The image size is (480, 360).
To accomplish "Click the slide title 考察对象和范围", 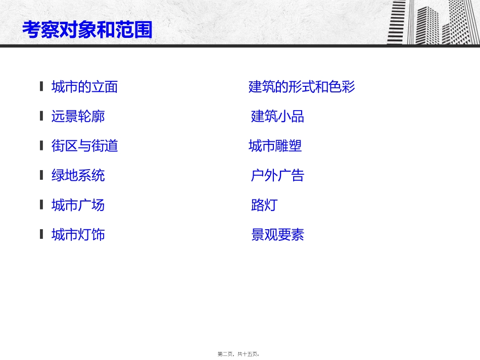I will pos(87,30).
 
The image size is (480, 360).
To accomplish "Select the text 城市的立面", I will pos(84,87).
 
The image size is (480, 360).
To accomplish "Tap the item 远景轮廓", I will pos(78,117).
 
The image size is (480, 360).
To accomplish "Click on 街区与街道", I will pos(84,146).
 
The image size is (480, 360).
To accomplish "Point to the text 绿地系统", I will pos(78,175).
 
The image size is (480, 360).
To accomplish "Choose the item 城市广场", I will pos(78,205).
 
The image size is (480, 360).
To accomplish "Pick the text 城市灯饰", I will pos(78,234).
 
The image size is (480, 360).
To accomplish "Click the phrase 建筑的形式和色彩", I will pos(302,87).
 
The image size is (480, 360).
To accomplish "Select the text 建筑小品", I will pos(277,117).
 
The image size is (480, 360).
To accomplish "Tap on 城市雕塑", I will pos(275,146).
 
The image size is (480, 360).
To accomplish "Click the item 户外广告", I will pos(277,175).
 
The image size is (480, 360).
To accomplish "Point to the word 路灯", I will pos(264,205).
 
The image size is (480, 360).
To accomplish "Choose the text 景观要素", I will pos(277,235).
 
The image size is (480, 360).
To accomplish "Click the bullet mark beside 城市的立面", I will pos(41,86).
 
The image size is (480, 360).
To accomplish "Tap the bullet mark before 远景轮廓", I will pos(41,116).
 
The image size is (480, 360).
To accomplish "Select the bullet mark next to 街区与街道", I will pos(41,145).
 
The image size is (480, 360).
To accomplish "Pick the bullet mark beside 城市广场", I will pos(41,204).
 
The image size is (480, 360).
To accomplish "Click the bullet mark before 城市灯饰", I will pos(41,234).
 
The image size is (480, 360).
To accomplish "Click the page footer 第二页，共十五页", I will pos(239,354).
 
